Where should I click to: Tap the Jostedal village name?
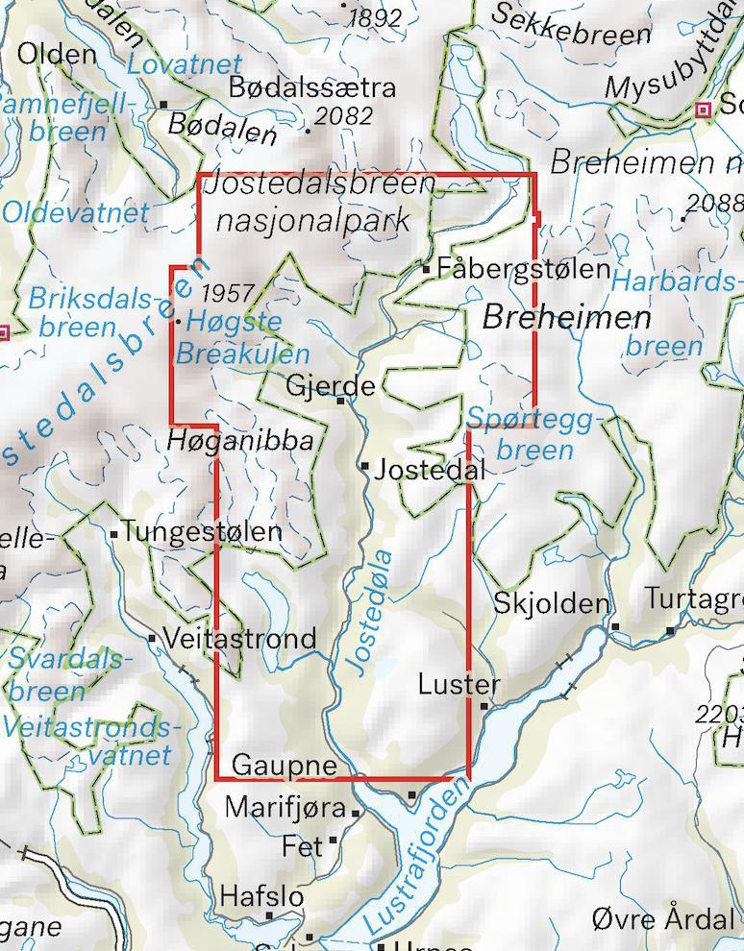(430, 470)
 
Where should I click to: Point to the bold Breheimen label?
(566, 318)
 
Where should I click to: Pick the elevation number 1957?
(228, 293)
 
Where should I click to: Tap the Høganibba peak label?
(240, 441)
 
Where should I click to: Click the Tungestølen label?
(202, 531)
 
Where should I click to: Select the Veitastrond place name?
(239, 639)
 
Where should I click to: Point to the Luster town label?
(459, 685)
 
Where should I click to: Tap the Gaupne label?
(285, 766)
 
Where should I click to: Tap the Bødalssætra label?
(312, 87)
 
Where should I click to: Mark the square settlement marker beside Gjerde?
(340, 401)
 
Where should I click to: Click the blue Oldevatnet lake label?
(76, 213)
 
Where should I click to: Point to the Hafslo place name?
(261, 896)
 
